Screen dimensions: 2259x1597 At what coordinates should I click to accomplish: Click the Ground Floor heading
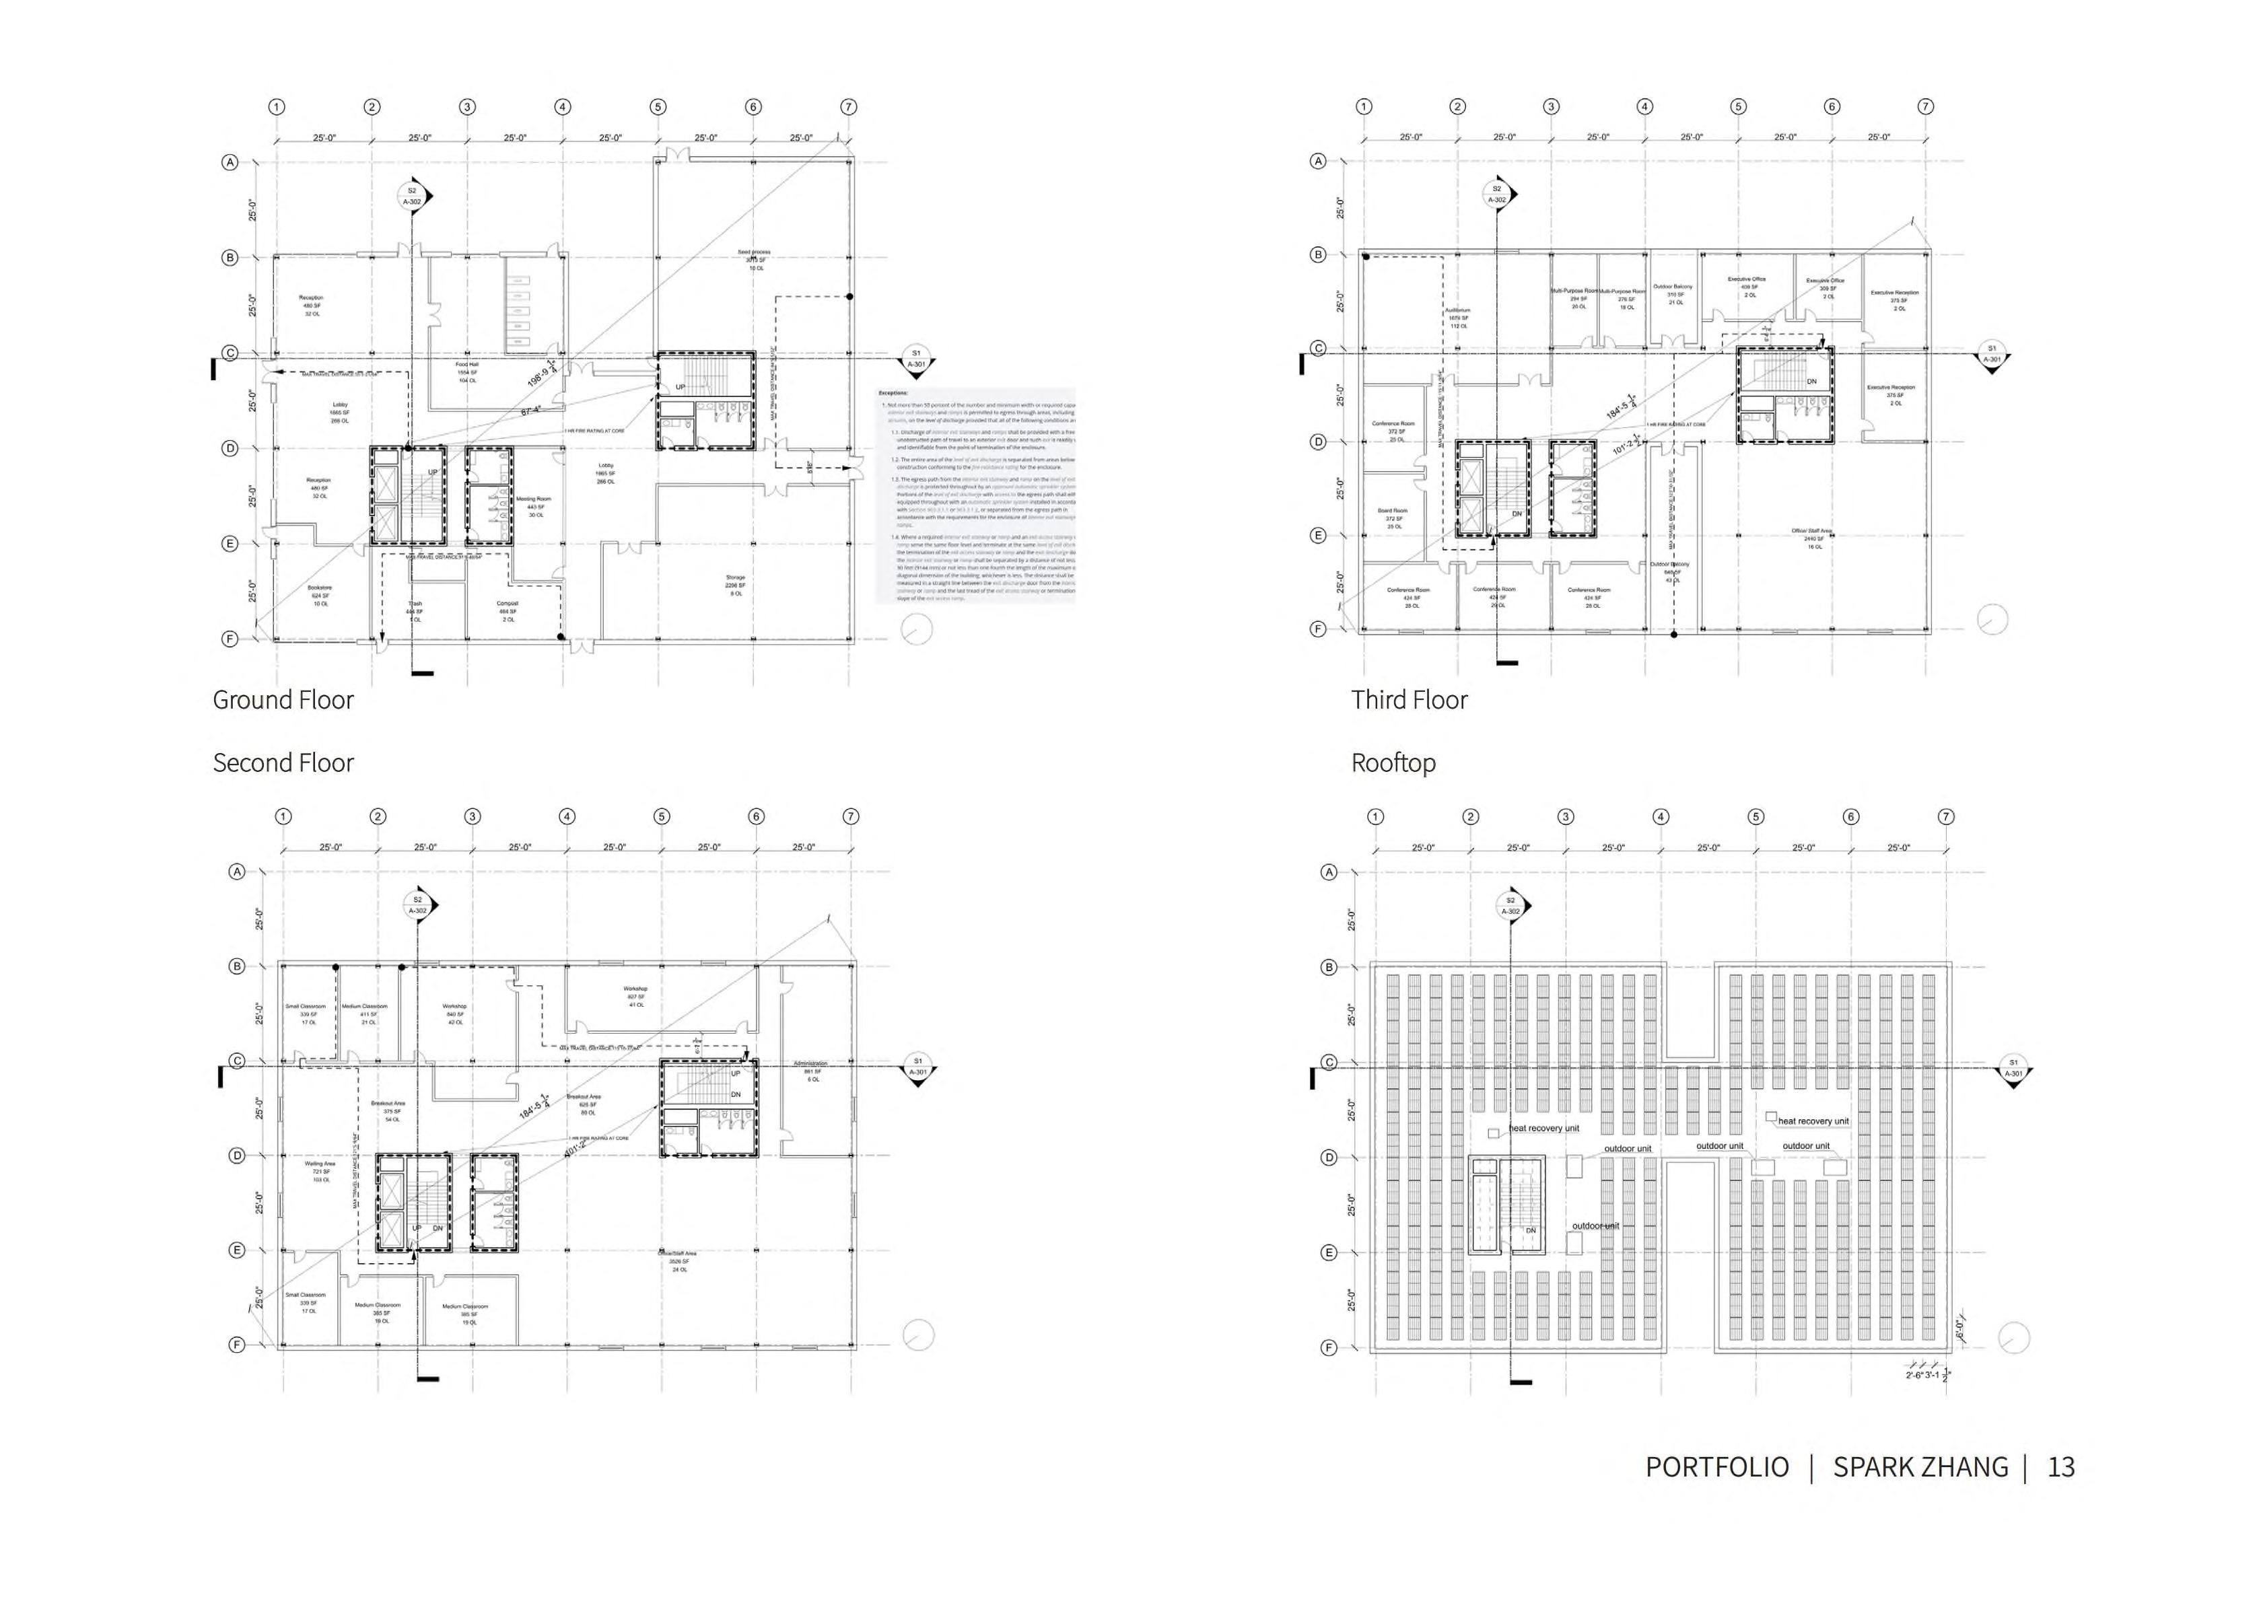[283, 700]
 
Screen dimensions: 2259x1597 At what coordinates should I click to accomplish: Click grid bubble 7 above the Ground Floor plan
[848, 107]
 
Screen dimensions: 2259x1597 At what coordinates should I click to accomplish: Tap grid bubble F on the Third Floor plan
[1319, 629]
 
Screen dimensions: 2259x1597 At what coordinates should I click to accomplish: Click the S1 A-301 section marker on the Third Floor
[1991, 354]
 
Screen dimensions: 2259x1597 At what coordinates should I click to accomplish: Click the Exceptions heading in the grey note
[893, 392]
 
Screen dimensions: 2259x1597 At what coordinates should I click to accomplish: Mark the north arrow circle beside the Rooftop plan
[2014, 1338]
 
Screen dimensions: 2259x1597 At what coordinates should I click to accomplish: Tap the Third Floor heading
[1408, 700]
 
